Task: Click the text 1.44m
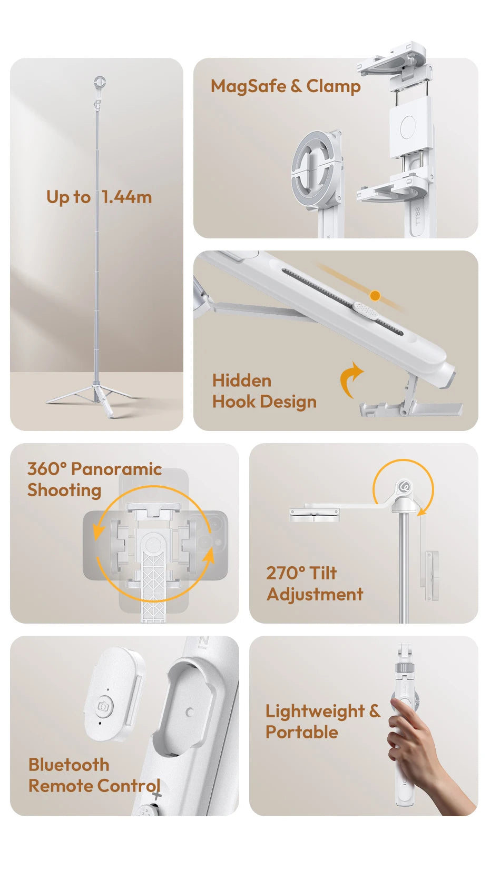[126, 197]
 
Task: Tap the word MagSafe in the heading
[248, 86]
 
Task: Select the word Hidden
[242, 380]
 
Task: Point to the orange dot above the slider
[375, 296]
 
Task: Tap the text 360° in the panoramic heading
[47, 468]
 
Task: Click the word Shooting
[64, 490]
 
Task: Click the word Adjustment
[315, 595]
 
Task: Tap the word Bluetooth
[69, 765]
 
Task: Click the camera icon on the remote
[104, 706]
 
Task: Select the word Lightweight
[315, 711]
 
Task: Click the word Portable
[301, 733]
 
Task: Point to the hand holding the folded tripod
[422, 747]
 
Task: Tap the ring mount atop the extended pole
[100, 82]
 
